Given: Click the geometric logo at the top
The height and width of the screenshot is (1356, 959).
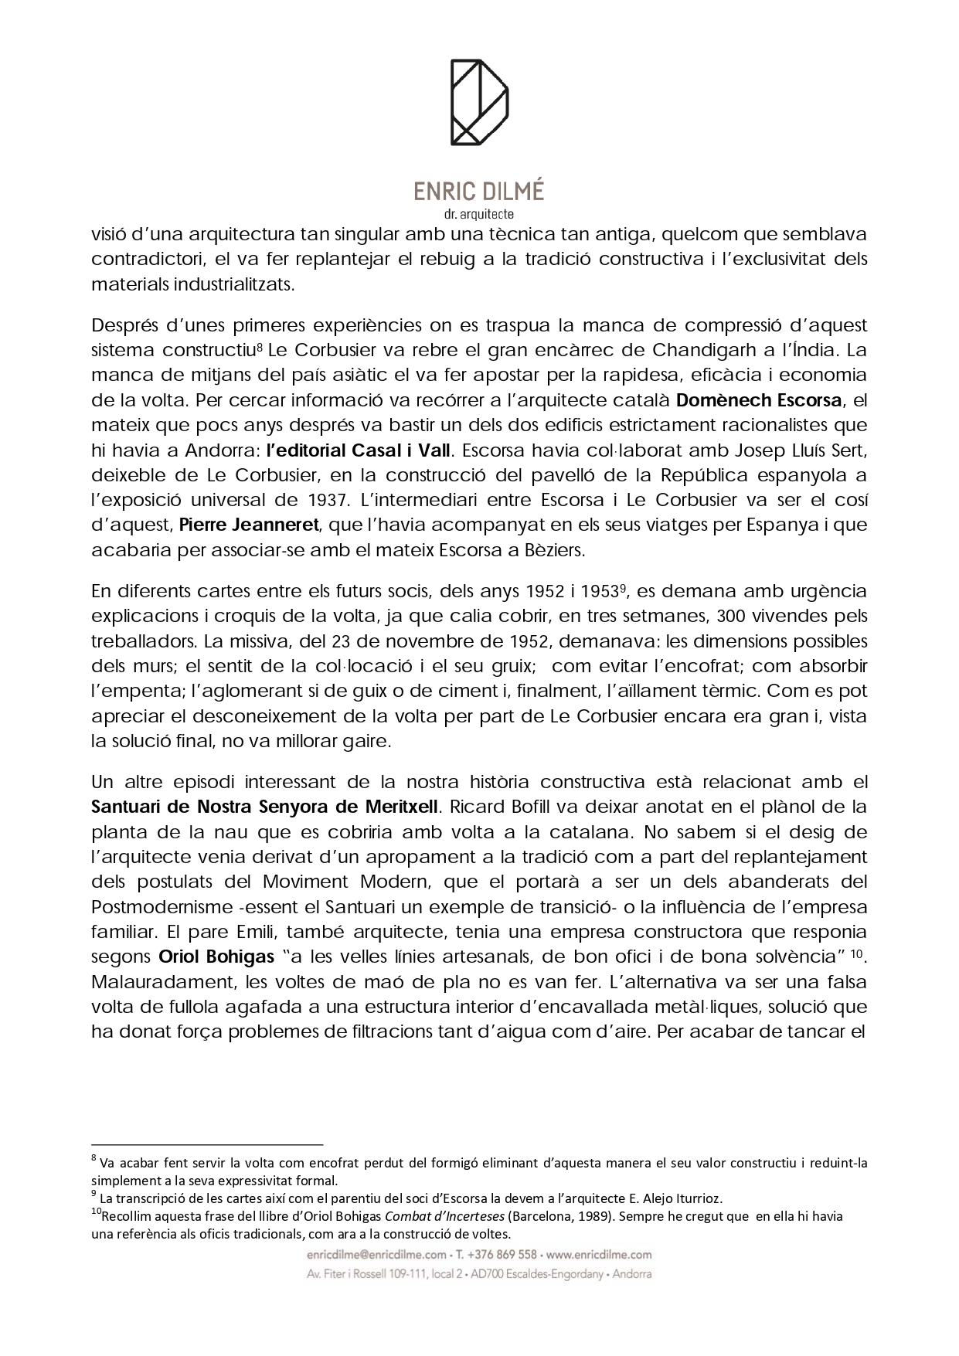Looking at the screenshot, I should click(479, 103).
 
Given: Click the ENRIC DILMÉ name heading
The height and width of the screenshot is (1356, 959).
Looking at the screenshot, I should click(479, 191).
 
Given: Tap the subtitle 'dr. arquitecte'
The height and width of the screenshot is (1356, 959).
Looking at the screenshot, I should click(479, 214).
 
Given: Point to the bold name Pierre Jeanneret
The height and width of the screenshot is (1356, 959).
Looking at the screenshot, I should click(249, 525).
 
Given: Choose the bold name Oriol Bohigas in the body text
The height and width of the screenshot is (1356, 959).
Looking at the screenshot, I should click(216, 957).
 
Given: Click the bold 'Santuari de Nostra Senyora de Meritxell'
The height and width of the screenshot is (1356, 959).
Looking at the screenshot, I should click(265, 807).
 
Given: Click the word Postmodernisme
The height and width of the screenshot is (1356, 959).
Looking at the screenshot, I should click(160, 906).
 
